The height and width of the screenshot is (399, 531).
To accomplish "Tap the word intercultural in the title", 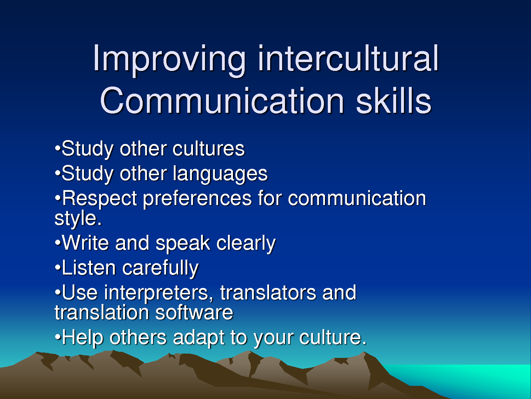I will tap(348, 59).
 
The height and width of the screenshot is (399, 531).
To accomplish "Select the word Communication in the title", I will tap(222, 101).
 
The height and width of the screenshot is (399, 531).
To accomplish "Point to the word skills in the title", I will tap(393, 101).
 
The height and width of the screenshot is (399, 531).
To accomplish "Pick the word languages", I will tap(220, 174).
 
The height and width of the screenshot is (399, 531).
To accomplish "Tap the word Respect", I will tap(99, 199).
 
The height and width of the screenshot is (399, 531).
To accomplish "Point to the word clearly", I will tap(246, 244).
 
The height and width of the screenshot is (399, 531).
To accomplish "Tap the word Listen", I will tap(89, 268).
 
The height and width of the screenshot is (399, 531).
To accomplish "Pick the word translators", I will tap(268, 293).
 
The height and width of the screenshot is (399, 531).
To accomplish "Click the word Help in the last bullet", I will tap(82, 338).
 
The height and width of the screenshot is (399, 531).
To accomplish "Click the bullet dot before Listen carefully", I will tap(58, 267).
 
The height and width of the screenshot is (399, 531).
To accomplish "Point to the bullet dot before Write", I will tap(58, 242).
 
